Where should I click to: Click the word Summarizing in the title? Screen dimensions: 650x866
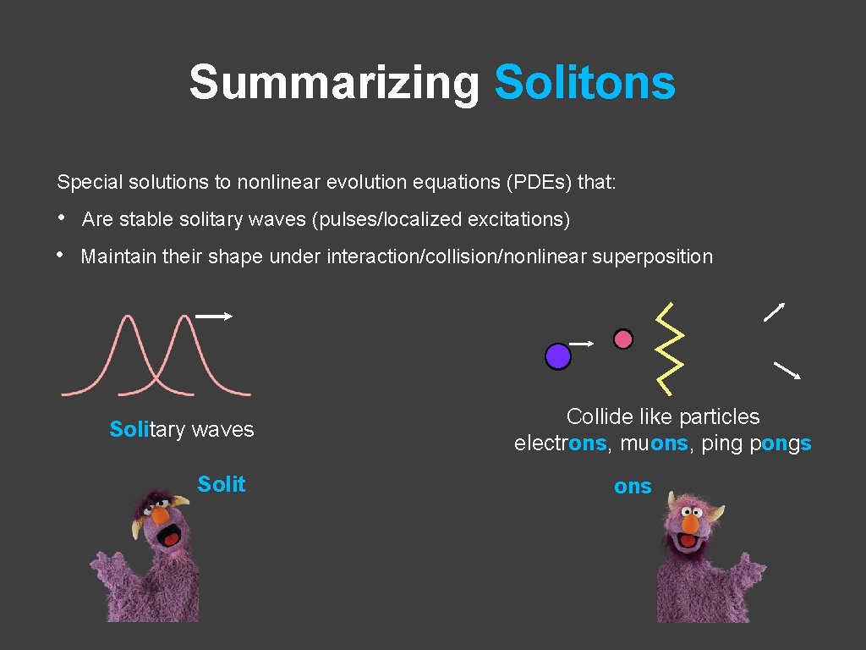click(333, 83)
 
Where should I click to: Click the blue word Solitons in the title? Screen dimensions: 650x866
click(584, 83)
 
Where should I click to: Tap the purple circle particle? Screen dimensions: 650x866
click(557, 356)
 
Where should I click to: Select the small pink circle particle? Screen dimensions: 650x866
click(623, 339)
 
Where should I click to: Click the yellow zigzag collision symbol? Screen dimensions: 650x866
click(670, 349)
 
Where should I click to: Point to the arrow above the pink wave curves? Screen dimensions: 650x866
click(213, 317)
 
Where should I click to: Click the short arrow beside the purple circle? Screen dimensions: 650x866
click(582, 343)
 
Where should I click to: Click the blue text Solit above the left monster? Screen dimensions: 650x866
click(221, 484)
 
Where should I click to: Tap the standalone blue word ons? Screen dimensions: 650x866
click(633, 487)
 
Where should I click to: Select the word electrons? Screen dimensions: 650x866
click(560, 443)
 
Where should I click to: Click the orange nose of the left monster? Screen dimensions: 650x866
click(160, 515)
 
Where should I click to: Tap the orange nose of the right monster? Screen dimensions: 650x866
click(690, 525)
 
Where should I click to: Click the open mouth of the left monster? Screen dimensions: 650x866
click(172, 536)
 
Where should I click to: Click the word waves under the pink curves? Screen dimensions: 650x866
click(222, 430)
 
